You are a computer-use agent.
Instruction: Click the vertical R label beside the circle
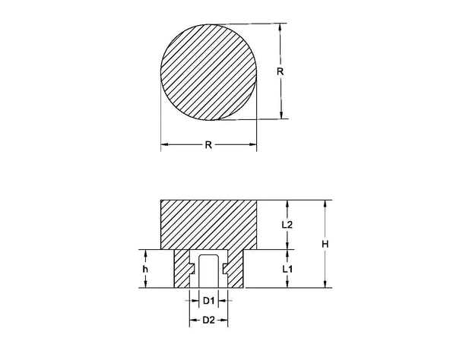point(280,71)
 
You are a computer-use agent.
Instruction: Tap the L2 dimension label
point(287,224)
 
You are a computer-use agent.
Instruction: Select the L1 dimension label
point(287,269)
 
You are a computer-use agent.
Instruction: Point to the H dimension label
point(325,244)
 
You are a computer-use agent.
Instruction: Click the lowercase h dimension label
point(144,269)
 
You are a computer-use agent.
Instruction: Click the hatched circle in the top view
point(208,71)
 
